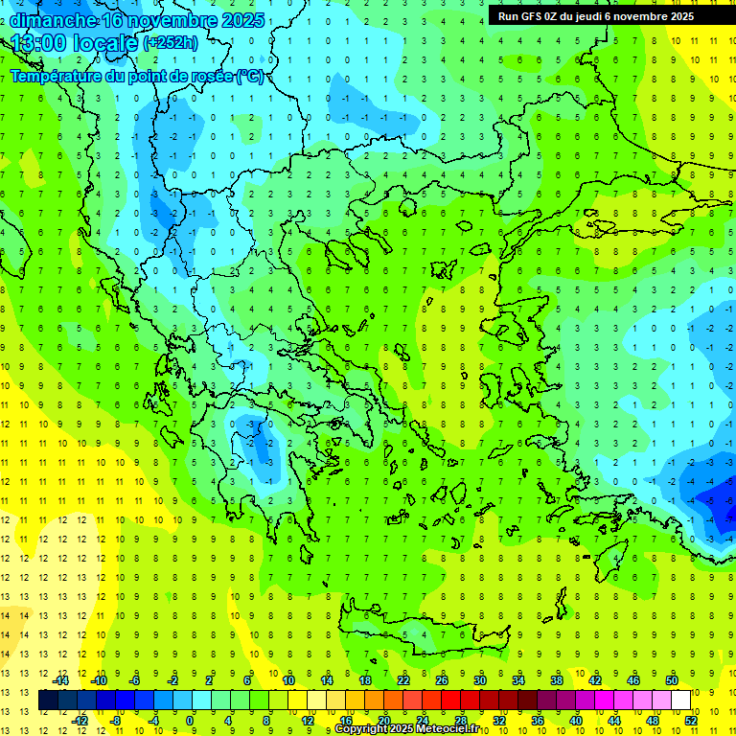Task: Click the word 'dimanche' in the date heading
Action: pos(53,20)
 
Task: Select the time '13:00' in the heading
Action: pos(38,43)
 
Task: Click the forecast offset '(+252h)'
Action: pos(170,43)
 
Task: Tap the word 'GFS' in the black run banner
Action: pos(529,16)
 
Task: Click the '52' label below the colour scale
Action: pos(691,720)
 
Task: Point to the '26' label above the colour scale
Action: pos(442,680)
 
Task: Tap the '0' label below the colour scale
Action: pos(190,720)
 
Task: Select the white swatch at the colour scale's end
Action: pos(681,701)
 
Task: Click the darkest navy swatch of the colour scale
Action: pos(49,701)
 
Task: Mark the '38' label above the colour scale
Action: pos(557,680)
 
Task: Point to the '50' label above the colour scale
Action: pos(672,680)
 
